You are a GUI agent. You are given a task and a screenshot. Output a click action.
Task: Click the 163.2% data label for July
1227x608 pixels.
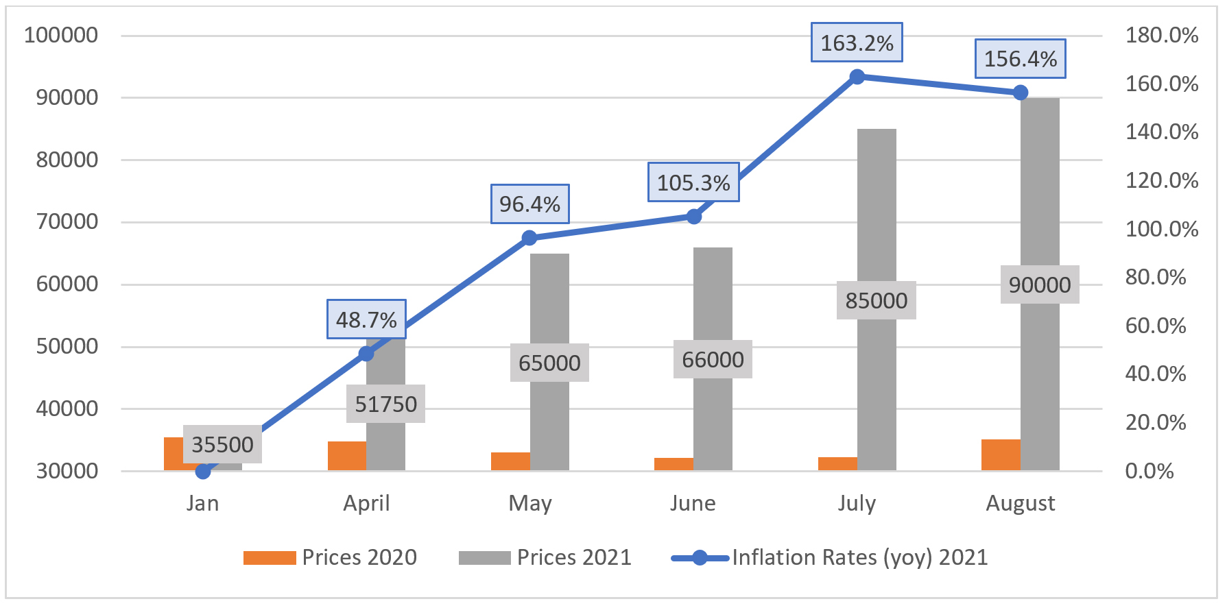tap(857, 42)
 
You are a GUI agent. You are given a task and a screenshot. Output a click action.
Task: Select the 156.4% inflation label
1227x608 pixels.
tap(1021, 58)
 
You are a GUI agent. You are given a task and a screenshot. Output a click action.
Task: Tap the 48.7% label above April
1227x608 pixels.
tap(366, 319)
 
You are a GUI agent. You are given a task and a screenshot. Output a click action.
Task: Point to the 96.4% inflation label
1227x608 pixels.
tap(529, 204)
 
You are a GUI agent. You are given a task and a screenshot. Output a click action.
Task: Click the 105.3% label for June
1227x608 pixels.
tap(693, 182)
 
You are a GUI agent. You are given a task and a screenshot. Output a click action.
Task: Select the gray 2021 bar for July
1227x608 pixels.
tap(877, 206)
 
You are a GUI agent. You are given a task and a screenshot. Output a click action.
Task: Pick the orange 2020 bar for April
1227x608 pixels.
tap(346, 456)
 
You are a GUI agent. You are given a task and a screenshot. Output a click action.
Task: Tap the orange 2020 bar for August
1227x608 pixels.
tap(1001, 454)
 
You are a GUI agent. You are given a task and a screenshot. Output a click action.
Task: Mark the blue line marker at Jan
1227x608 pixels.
tap(203, 471)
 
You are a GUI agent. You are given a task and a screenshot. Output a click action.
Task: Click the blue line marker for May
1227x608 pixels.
tap(529, 238)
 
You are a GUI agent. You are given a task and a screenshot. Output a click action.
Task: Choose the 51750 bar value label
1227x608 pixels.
tap(385, 404)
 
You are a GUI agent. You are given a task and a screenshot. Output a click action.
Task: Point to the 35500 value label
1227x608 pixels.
tap(222, 444)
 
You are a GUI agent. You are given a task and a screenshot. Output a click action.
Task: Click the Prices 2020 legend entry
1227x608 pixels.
tap(330, 557)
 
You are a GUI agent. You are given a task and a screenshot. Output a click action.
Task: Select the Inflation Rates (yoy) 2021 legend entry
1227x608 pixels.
tap(829, 557)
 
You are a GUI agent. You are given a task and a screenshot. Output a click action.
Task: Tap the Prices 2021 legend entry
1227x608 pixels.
tap(545, 557)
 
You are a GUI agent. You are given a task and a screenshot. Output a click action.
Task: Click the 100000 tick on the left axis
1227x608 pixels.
tap(61, 35)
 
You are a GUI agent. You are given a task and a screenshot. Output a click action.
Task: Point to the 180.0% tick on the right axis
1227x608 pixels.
tap(1161, 35)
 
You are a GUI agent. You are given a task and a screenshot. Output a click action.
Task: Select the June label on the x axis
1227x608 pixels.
tap(693, 503)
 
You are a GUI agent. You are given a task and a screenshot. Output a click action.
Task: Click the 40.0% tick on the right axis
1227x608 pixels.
tap(1155, 374)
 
